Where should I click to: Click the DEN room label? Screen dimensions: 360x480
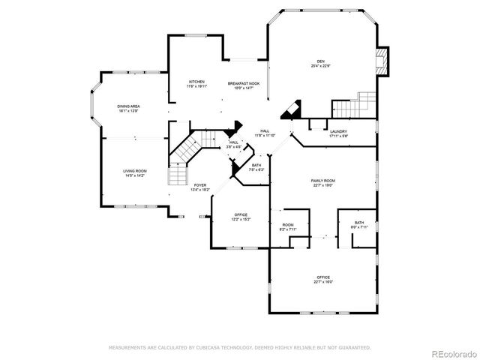(x=320, y=62)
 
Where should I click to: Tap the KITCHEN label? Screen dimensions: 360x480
(x=196, y=82)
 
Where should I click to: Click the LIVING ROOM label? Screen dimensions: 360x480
(x=135, y=172)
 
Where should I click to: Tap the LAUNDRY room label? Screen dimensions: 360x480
(x=338, y=132)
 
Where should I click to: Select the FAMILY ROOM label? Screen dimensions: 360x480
(x=323, y=181)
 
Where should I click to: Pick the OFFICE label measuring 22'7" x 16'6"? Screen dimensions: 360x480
(x=323, y=278)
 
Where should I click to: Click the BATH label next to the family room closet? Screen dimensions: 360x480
(x=359, y=223)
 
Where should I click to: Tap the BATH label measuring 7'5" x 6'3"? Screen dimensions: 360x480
(x=256, y=166)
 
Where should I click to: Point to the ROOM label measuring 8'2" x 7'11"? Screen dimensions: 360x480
(x=288, y=226)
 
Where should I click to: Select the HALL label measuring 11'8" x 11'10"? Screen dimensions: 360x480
(x=265, y=132)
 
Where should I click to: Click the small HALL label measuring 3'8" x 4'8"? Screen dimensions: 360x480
(x=234, y=143)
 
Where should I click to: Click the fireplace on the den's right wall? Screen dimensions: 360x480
(x=382, y=63)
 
